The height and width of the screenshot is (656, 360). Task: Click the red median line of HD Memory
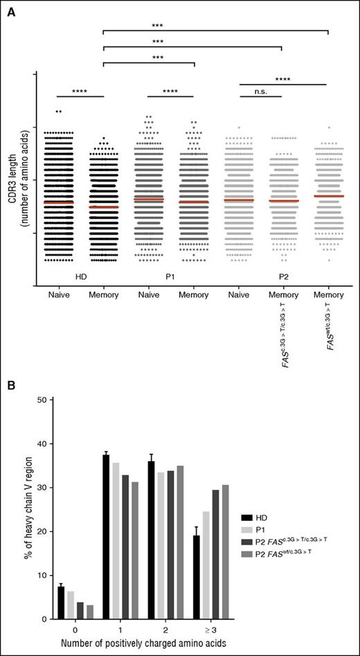coord(102,207)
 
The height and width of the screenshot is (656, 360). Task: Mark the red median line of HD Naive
coord(57,202)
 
